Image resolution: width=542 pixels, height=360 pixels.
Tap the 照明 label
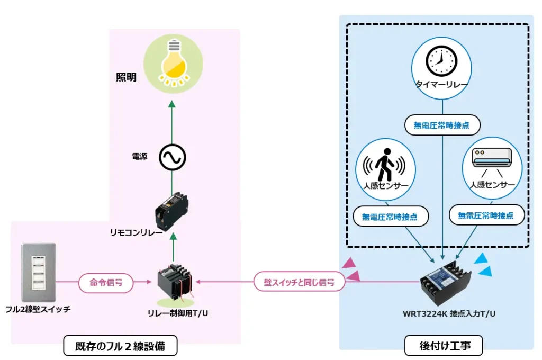[x=127, y=77]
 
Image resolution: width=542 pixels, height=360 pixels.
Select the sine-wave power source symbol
[x=171, y=157]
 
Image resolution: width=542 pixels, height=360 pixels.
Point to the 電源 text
[x=139, y=157]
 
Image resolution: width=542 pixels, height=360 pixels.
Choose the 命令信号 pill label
[x=105, y=283]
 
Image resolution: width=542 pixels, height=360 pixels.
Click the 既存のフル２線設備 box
[x=120, y=347]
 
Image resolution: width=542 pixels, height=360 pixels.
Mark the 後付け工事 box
[x=444, y=346]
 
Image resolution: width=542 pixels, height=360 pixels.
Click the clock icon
[x=441, y=61]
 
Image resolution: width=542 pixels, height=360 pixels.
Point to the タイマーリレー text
[x=441, y=85]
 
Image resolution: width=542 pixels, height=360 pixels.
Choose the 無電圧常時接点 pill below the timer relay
[x=441, y=125]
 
